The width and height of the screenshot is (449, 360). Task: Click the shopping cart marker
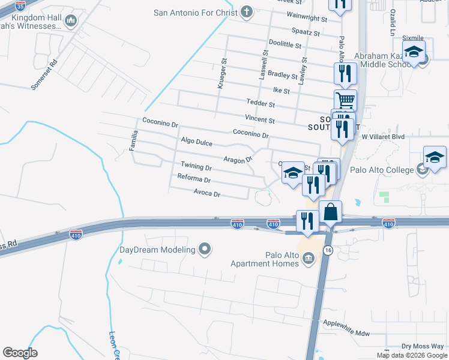(345, 100)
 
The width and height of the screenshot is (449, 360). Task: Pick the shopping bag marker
(330, 212)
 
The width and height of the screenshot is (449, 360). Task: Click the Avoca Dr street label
(207, 194)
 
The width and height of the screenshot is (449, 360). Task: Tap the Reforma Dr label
(194, 179)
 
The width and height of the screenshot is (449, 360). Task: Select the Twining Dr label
(196, 167)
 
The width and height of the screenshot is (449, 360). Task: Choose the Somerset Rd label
(44, 74)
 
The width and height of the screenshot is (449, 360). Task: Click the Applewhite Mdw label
(346, 332)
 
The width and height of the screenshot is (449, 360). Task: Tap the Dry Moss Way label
(423, 346)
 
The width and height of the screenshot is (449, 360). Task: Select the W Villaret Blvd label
(383, 137)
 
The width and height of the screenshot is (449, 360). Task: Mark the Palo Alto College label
(390, 170)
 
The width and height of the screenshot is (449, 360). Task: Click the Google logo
(20, 353)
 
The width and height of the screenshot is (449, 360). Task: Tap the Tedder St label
(260, 104)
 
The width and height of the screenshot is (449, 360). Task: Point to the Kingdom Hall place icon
(71, 22)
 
